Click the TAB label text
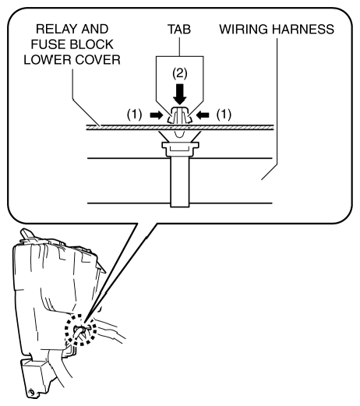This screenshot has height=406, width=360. click(179, 29)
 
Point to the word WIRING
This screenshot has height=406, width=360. click(243, 29)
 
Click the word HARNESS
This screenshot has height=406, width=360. click(303, 29)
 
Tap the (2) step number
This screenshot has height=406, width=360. click(180, 73)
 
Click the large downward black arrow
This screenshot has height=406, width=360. click(180, 94)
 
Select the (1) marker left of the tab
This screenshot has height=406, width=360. click(135, 115)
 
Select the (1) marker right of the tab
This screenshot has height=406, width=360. click(224, 115)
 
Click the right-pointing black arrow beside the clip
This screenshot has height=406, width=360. click(156, 115)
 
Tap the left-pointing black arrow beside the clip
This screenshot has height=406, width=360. click(203, 115)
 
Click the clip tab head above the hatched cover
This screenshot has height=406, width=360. click(179, 115)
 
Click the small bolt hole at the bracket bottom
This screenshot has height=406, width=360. click(31, 392)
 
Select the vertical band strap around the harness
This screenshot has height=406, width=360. click(180, 181)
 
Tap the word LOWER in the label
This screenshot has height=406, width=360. click(48, 60)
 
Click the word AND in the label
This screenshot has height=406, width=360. click(95, 29)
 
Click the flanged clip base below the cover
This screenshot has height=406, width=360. click(180, 149)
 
